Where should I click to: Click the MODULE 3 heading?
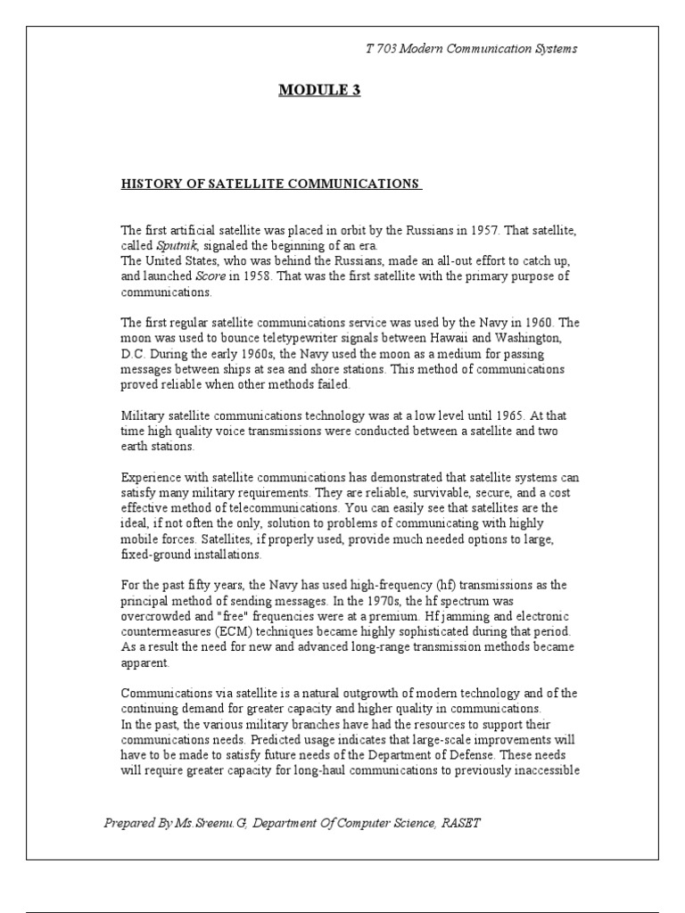[x=319, y=90]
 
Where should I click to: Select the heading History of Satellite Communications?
[x=270, y=184]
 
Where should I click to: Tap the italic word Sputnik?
[x=175, y=245]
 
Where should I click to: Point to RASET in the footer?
[x=460, y=823]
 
